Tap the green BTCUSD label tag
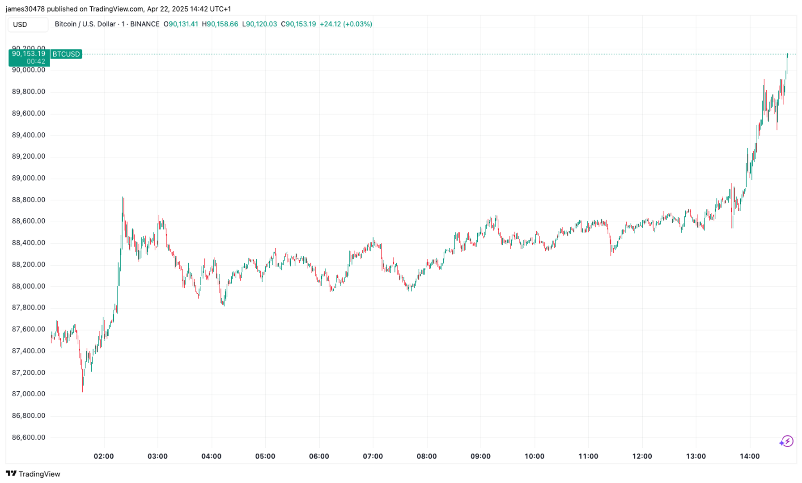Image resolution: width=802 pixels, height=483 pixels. point(66,54)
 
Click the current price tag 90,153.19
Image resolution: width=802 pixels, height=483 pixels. point(29,54)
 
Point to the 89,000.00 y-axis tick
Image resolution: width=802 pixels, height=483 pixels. point(29,178)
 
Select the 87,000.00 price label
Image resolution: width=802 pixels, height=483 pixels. point(29,394)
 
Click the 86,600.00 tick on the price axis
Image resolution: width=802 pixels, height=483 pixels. point(29,437)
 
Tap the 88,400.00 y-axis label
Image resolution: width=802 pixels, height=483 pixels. point(29,243)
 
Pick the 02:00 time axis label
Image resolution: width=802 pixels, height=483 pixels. point(104,456)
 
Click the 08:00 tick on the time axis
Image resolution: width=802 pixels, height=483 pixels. point(427,456)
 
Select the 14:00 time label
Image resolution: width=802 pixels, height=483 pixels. point(750,456)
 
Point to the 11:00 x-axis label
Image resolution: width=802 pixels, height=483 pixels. point(588,456)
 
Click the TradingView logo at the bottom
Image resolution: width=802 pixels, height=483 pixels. point(33,474)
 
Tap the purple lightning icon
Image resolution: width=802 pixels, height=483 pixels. point(786,441)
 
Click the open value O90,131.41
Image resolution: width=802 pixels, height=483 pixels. point(181,24)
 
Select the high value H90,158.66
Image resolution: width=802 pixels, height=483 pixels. point(220,24)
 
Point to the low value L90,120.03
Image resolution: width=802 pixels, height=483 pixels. point(259,24)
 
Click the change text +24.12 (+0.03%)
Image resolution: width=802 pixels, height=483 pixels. point(346,24)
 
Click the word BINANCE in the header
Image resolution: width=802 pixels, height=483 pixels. point(144,24)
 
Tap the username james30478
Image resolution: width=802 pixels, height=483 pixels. point(25,9)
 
